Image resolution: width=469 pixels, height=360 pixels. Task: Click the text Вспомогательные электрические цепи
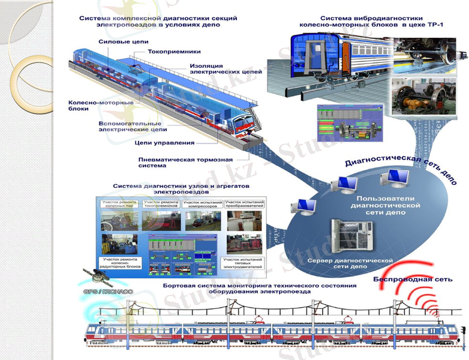(x=132, y=126)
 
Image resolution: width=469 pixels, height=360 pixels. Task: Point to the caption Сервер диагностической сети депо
(x=350, y=265)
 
